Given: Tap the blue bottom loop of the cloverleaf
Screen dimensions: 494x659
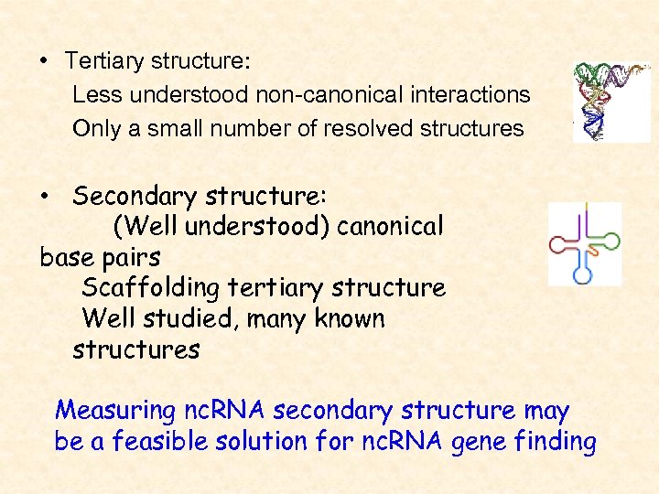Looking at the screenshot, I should tap(582, 273).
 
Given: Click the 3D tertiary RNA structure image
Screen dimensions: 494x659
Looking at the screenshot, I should tap(610, 102).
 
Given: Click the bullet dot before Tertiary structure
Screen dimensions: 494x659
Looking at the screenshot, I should tap(43, 62).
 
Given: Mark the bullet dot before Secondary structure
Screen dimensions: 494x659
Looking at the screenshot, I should tap(43, 198).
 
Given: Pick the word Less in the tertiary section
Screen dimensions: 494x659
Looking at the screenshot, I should tap(93, 94).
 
